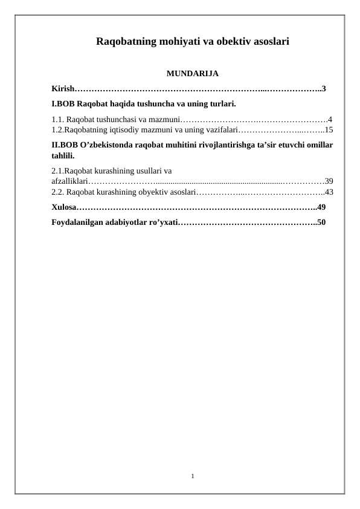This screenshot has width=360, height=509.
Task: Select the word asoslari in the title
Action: pos(267,42)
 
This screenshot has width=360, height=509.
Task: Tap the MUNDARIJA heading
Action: pos(192,74)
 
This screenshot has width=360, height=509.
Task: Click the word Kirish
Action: pos(62,89)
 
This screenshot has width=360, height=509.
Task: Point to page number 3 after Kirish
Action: pos(324,89)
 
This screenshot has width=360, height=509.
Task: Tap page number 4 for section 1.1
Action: pos(329,119)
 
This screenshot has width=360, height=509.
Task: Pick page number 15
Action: pos(329,129)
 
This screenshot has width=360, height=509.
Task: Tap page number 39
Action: pos(329,181)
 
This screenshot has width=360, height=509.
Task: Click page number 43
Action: pos(329,192)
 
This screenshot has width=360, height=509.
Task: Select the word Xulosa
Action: pos(63,207)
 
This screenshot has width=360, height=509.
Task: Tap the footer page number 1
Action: pos(192,477)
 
